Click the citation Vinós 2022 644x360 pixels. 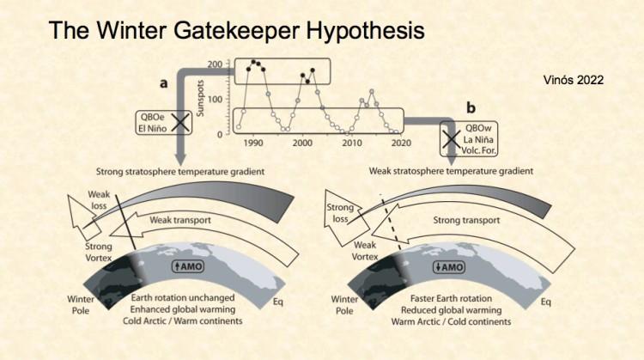click(x=574, y=79)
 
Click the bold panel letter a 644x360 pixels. click(x=163, y=83)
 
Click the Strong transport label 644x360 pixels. click(x=465, y=221)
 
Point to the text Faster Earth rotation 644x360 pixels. click(x=453, y=297)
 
